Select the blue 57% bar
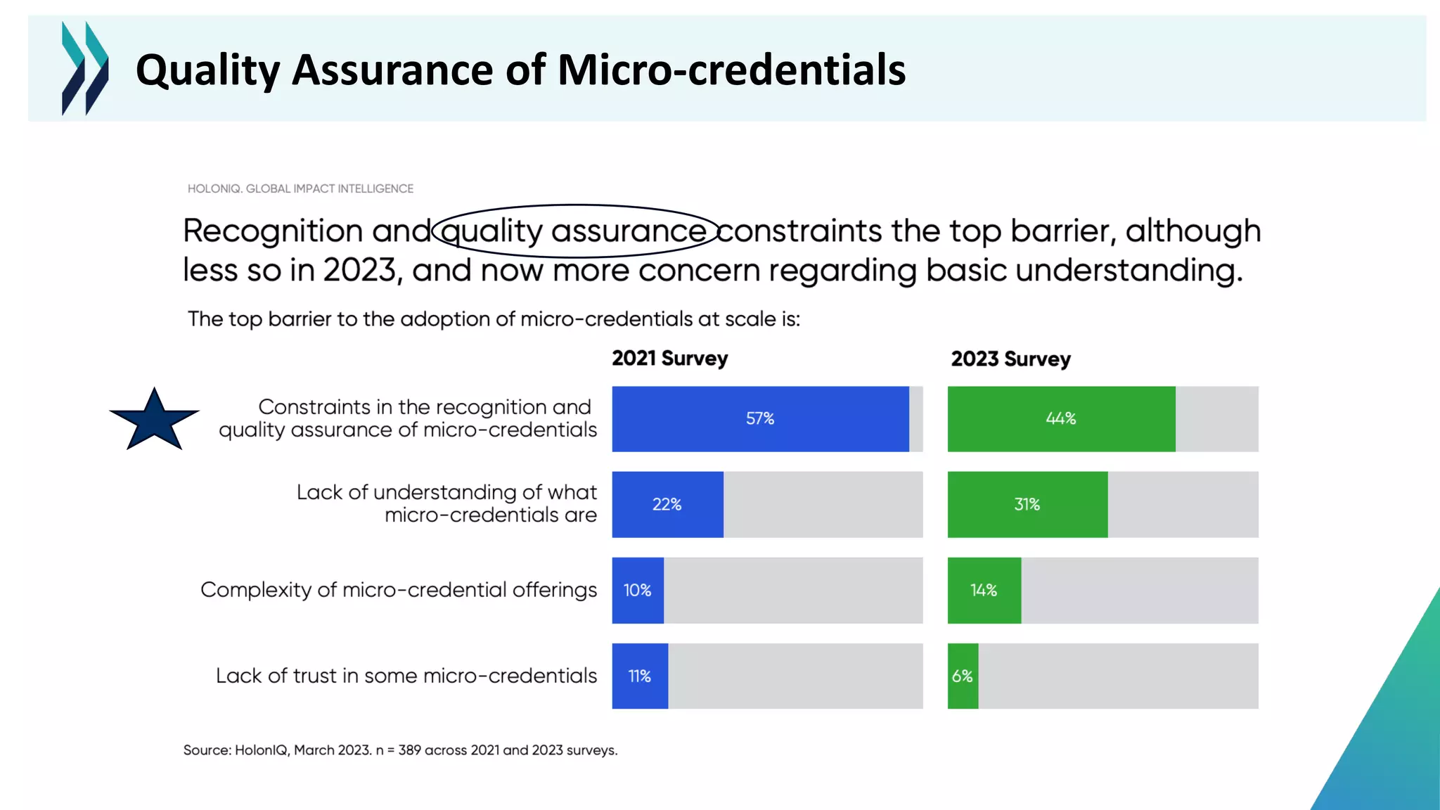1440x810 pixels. pyautogui.click(x=760, y=419)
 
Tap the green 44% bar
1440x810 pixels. pyautogui.click(x=1061, y=419)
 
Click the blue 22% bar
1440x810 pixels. pyautogui.click(x=667, y=505)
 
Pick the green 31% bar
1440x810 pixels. pyautogui.click(x=1027, y=505)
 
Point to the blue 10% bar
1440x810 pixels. pyautogui.click(x=638, y=591)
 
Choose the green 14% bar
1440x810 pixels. pyautogui.click(x=984, y=591)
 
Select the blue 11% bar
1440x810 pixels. pyautogui.click(x=640, y=676)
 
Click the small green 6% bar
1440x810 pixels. pyautogui.click(x=963, y=676)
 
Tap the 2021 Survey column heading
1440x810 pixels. pyautogui.click(x=669, y=359)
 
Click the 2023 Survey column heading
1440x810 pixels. pyautogui.click(x=1010, y=359)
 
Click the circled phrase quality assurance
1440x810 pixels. pyautogui.click(x=574, y=231)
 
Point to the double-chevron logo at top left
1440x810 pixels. pyautogui.click(x=85, y=68)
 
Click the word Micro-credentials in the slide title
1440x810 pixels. pyautogui.click(x=731, y=70)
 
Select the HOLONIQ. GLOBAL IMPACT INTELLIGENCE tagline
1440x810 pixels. pyautogui.click(x=300, y=188)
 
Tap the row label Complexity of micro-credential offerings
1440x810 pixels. pyautogui.click(x=399, y=590)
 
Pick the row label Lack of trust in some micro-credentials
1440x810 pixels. pyautogui.click(x=406, y=676)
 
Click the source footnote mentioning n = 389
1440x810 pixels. pyautogui.click(x=400, y=750)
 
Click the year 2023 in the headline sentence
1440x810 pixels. pyautogui.click(x=359, y=271)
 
